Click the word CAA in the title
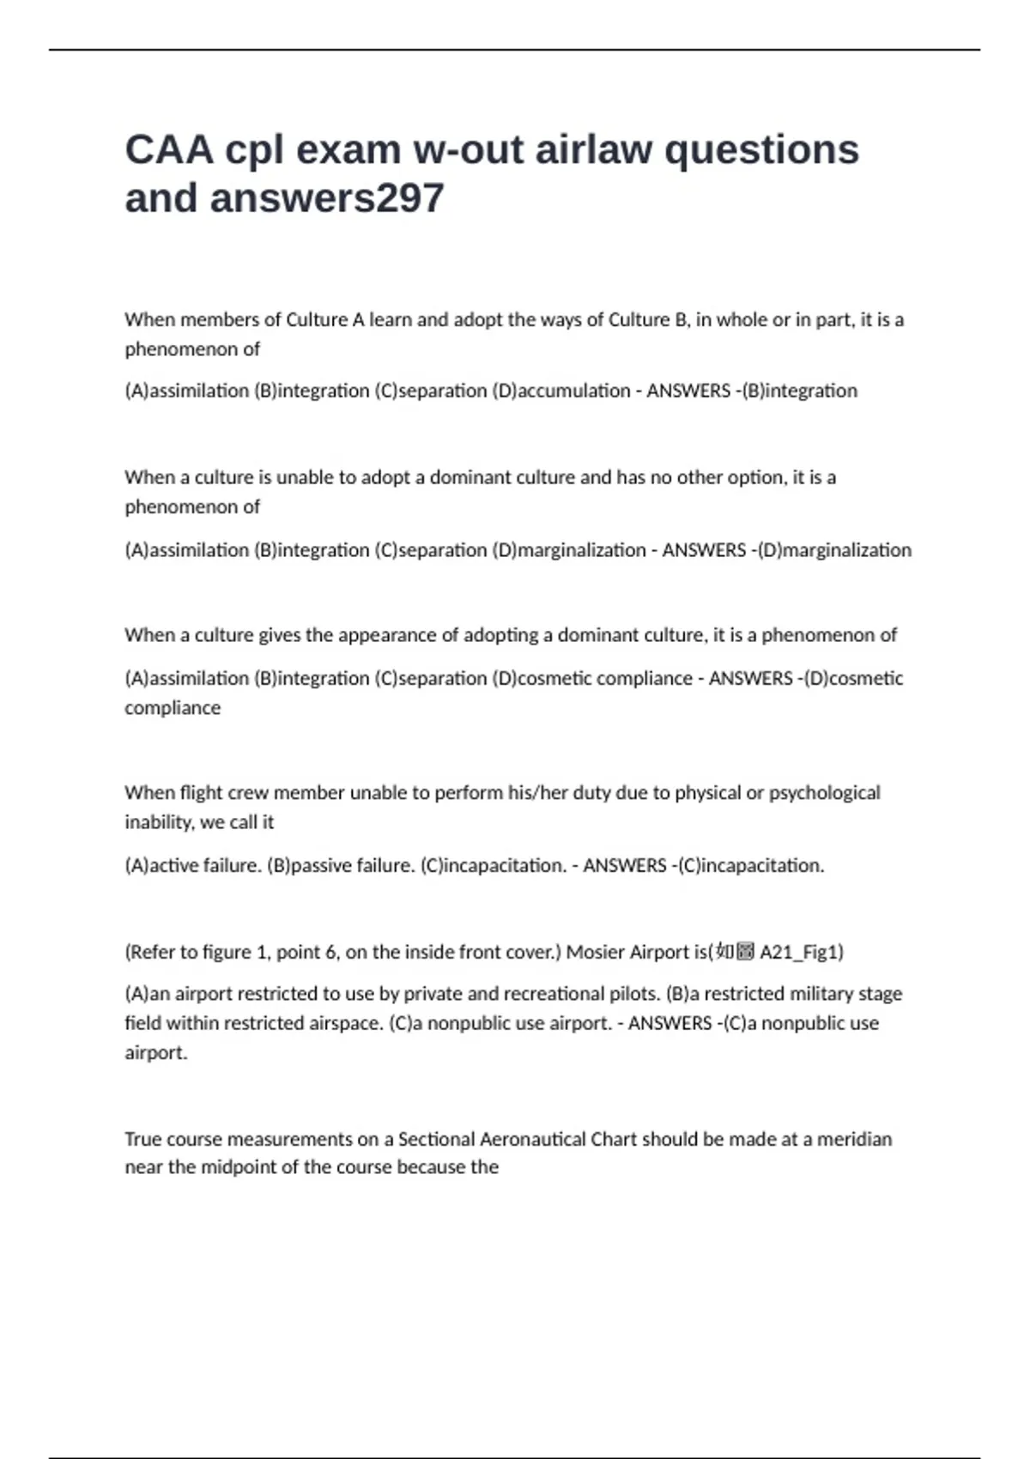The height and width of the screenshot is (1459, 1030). [169, 150]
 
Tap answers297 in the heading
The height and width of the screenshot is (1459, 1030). [327, 199]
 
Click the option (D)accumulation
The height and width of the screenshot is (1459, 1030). [561, 391]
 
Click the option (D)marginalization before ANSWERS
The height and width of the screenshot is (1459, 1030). [569, 550]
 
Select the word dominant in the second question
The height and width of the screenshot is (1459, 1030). [470, 478]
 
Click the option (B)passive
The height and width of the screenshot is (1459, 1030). [309, 866]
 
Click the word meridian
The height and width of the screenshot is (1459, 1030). [854, 1140]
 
